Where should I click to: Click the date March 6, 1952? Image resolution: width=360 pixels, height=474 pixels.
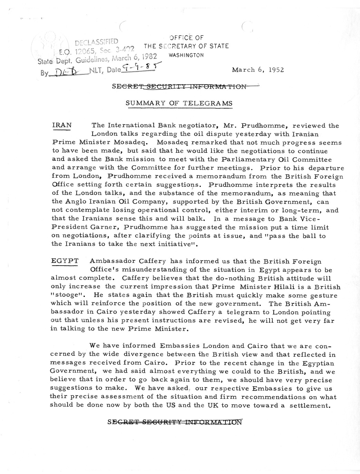click(x=258, y=70)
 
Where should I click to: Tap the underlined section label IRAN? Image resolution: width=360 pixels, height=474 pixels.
click(x=62, y=126)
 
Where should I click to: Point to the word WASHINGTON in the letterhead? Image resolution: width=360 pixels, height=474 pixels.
click(x=186, y=55)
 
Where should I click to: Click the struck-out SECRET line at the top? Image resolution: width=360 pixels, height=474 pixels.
click(x=179, y=87)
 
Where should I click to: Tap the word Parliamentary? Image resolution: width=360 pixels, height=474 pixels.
click(x=238, y=159)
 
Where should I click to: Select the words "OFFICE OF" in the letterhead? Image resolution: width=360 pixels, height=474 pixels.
click(x=186, y=38)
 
